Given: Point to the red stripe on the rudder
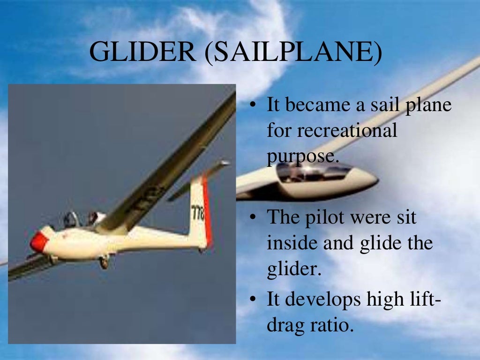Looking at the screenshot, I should coord(207,211).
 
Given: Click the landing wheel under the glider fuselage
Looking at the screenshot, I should coord(104,262).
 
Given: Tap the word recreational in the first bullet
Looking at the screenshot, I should coord(332,131).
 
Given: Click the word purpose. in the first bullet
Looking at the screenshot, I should coord(302,156).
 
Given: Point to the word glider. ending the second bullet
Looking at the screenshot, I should coord(293,270).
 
